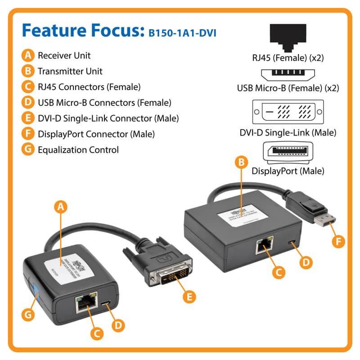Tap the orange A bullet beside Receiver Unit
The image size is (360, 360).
tap(28, 56)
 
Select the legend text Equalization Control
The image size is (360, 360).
tap(78, 150)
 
